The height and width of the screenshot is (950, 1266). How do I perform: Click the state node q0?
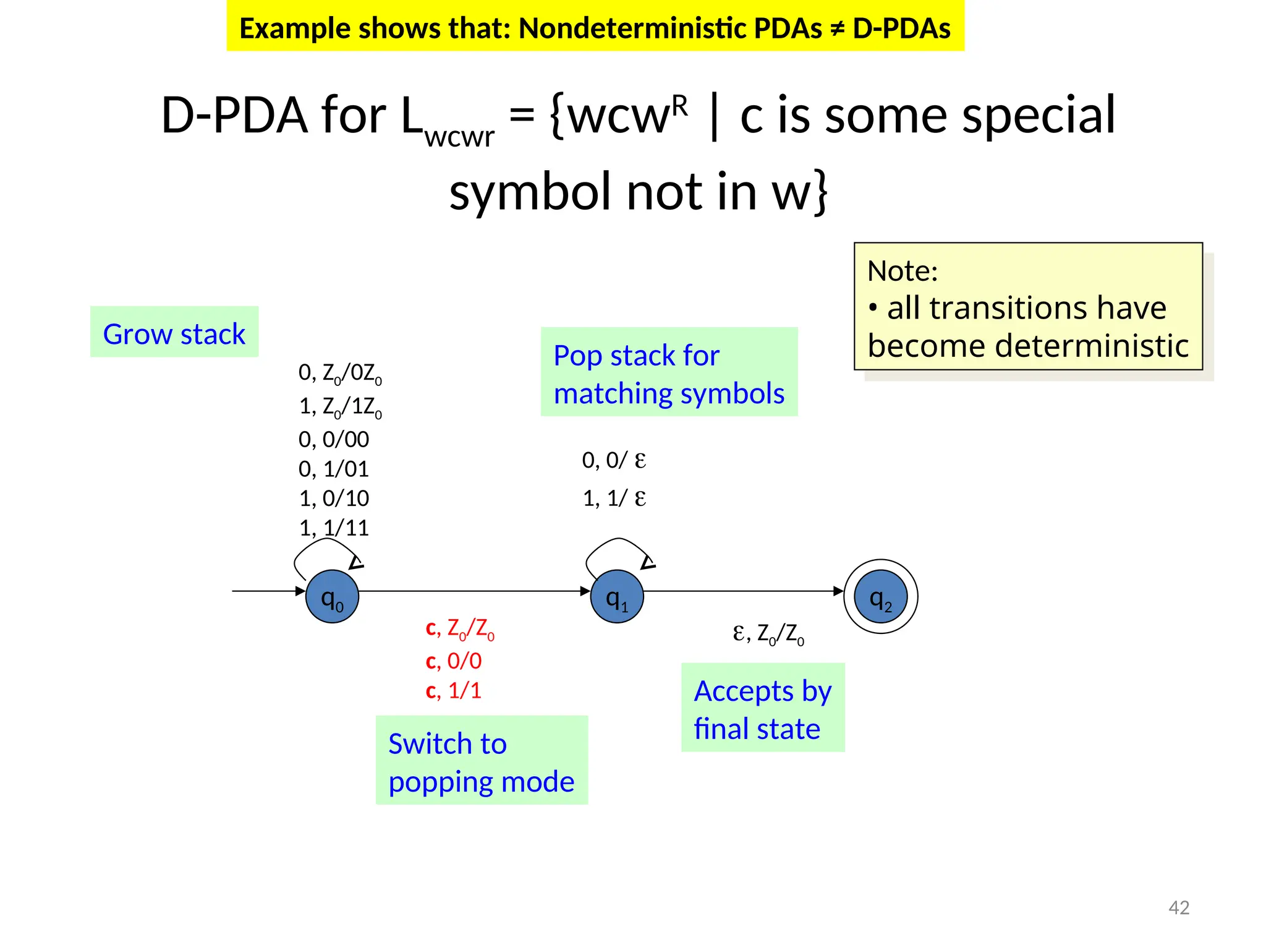coord(332,596)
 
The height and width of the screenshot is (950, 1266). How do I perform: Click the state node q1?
coord(617,596)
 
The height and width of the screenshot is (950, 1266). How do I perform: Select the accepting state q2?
coord(880,596)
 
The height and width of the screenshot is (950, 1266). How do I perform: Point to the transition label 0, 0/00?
coord(334,439)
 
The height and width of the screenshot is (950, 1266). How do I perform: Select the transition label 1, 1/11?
coord(334,528)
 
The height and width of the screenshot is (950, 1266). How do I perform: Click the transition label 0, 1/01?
coord(334,469)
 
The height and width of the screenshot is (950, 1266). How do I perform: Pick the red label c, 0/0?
coord(454,661)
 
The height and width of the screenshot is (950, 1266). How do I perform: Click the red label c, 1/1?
coord(454,690)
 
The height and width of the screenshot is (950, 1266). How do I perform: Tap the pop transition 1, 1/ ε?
coord(614,498)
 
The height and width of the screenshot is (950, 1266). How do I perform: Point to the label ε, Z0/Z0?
coord(768,633)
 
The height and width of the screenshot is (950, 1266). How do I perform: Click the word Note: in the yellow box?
coord(902,271)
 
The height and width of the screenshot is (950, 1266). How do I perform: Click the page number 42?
coord(1179,907)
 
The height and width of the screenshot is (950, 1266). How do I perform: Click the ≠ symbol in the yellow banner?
coord(838,28)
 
